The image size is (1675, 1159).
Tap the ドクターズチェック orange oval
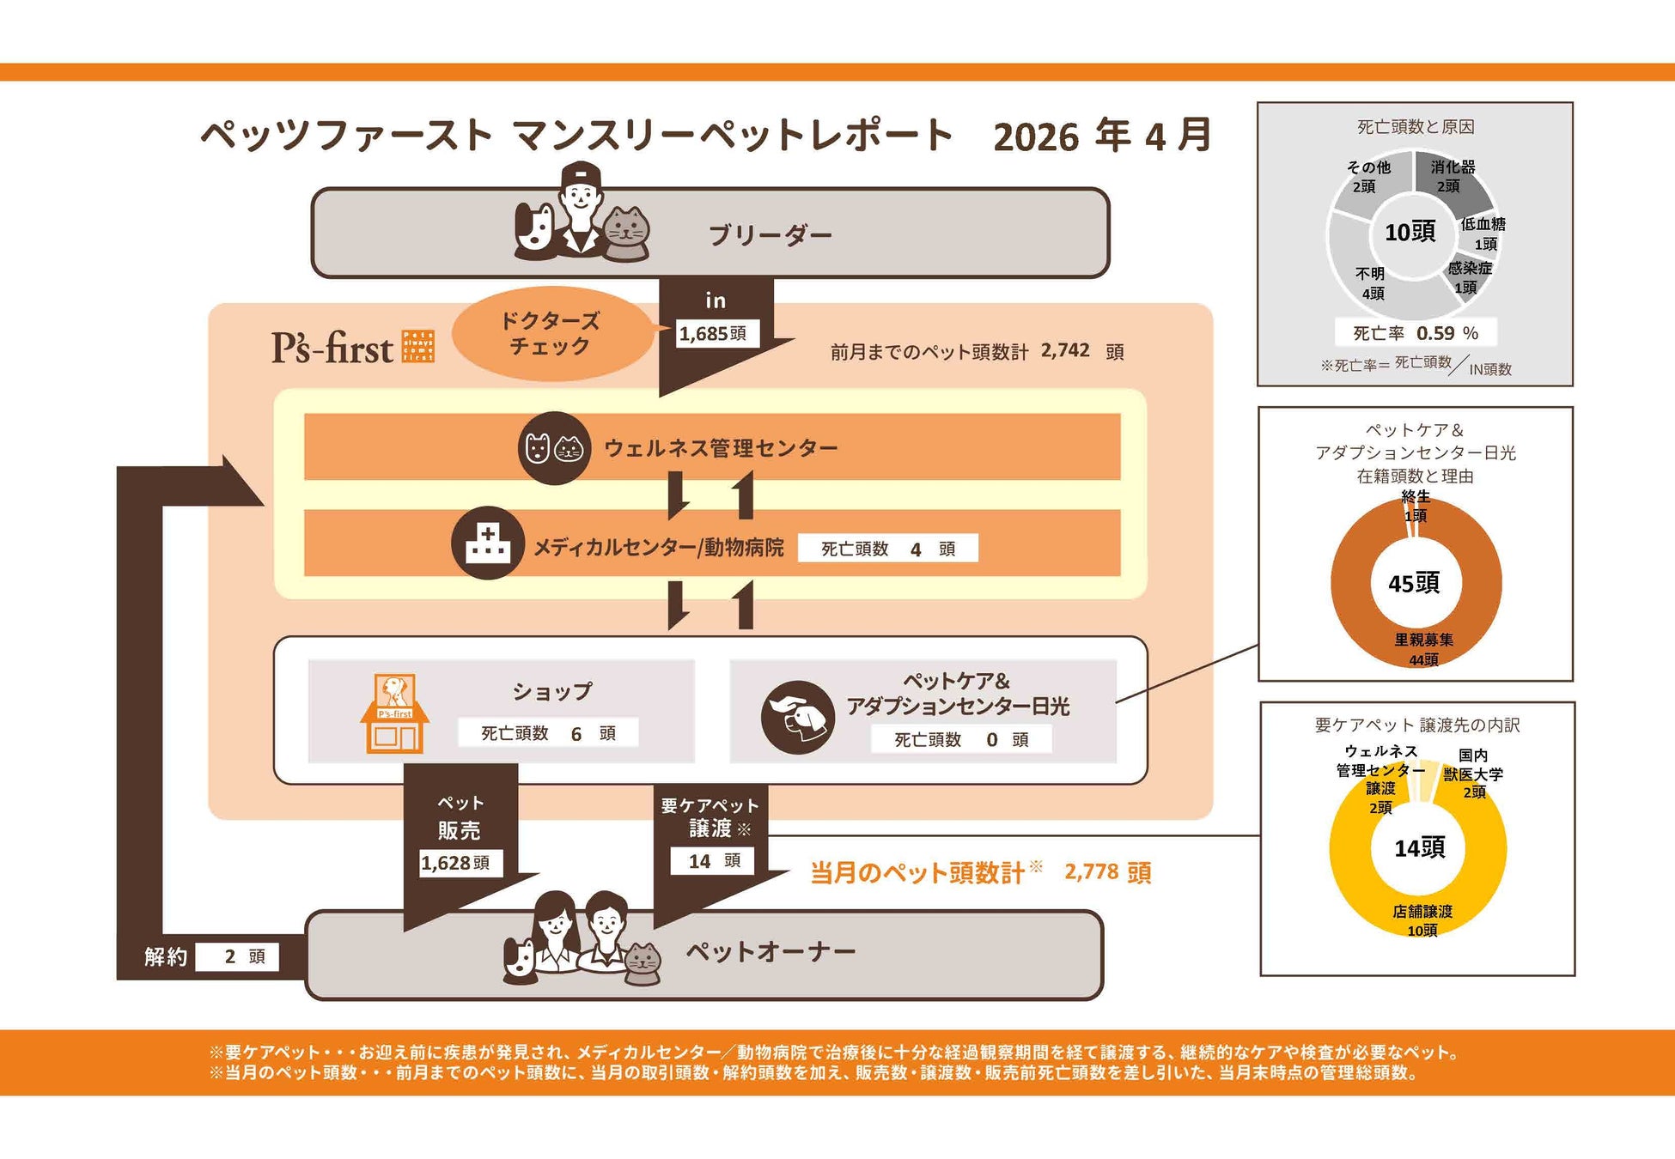click(551, 333)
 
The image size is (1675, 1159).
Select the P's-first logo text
click(332, 348)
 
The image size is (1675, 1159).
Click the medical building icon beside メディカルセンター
click(488, 543)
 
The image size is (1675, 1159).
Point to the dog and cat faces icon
click(554, 448)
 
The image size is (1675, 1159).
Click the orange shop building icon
click(394, 713)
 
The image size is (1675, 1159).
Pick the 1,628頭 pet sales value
click(455, 863)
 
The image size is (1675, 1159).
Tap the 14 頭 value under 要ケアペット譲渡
click(713, 860)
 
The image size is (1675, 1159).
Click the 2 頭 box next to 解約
click(237, 956)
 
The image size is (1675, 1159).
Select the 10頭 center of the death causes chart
click(1410, 232)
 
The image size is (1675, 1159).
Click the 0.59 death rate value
click(1435, 333)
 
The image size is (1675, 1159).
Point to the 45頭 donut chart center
click(1414, 584)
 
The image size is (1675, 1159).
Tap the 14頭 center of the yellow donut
click(1419, 848)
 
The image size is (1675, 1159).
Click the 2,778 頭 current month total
click(1107, 872)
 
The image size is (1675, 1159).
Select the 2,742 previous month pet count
click(1065, 350)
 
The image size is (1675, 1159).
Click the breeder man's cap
click(581, 175)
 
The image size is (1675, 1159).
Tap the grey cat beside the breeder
click(626, 233)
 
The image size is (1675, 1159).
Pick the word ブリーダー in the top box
click(770, 235)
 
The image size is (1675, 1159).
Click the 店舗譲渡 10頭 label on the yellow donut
click(1422, 920)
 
